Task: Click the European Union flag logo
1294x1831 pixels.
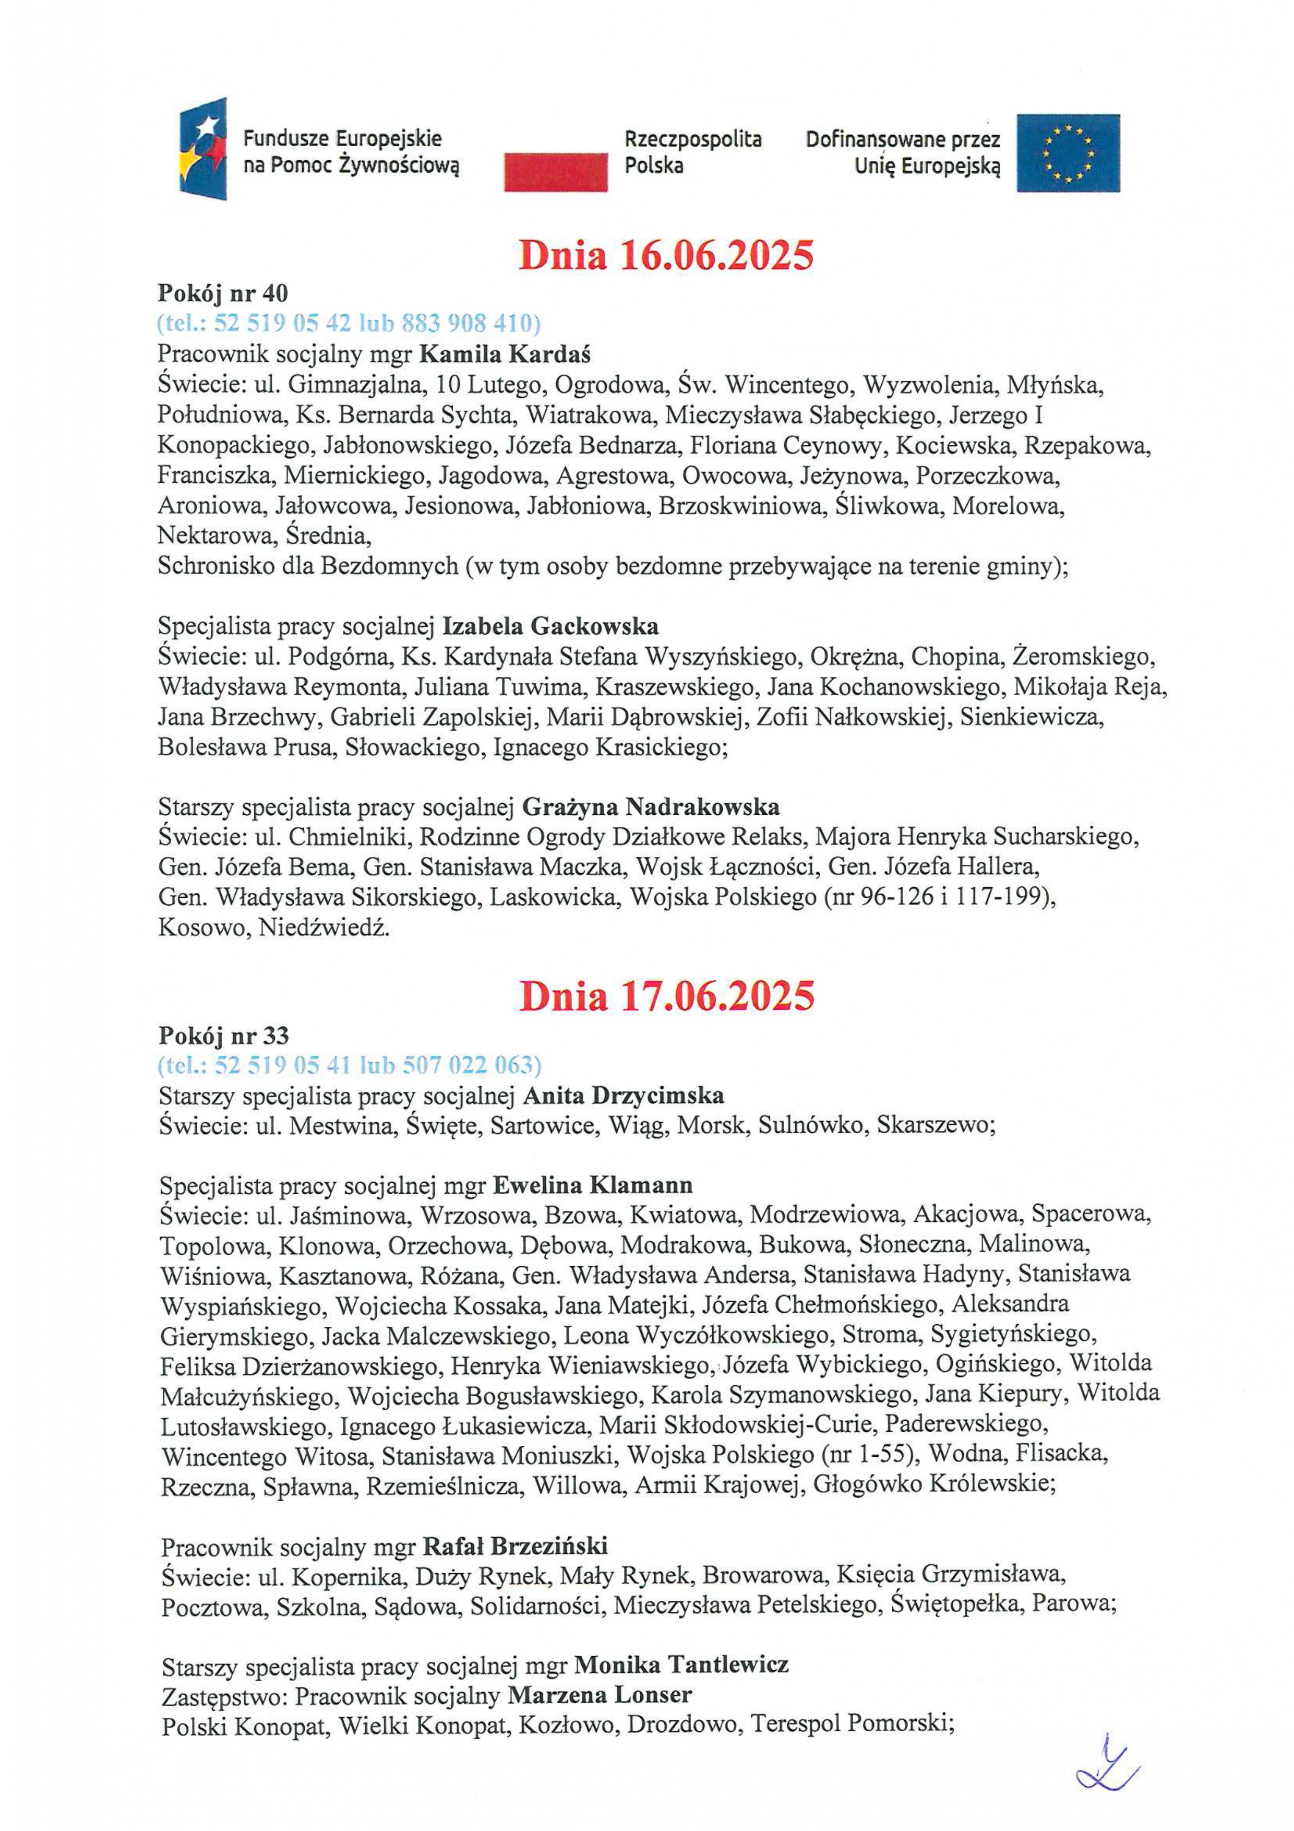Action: click(x=1067, y=153)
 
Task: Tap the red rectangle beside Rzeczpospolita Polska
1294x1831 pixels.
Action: click(x=555, y=173)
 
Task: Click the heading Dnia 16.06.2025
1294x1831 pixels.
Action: click(x=666, y=255)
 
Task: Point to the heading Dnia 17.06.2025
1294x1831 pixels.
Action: click(x=666, y=996)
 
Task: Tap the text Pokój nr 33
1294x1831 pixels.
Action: click(x=223, y=1036)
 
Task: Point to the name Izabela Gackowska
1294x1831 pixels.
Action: click(x=550, y=626)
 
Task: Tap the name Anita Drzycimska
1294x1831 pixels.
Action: click(x=624, y=1096)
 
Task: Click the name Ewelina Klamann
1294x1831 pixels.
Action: click(x=593, y=1185)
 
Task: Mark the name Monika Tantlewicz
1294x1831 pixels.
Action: click(x=681, y=1665)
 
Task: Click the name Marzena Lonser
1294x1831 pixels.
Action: click(x=600, y=1695)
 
